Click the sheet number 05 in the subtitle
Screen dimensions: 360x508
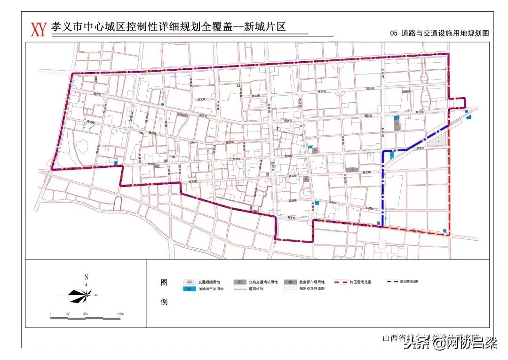coord(394,33)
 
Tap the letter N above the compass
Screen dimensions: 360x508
coord(86,277)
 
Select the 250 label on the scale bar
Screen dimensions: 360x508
coord(68,314)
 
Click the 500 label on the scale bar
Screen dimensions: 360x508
coord(85,314)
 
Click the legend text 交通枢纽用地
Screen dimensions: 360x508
coord(209,282)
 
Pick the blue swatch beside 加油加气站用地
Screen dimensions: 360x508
coord(189,289)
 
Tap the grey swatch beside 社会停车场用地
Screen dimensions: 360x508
coord(291,282)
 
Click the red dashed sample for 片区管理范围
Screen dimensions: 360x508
coord(344,282)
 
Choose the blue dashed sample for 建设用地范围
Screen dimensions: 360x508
coord(392,281)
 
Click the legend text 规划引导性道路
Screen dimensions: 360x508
coord(312,289)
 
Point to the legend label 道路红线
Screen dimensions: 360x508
coord(256,289)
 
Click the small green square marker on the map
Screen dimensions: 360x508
coord(238,85)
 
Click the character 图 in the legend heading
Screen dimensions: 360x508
coord(164,283)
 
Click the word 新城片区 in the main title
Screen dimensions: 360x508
coord(265,27)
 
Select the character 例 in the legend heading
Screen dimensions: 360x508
coord(164,302)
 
